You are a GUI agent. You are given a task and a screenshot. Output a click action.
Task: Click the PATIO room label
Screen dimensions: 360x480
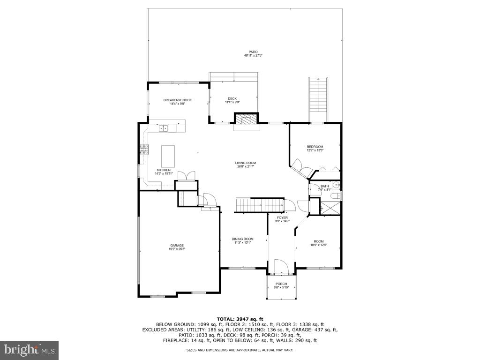pos(253,52)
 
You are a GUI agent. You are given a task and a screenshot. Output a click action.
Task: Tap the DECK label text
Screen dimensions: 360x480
pos(232,98)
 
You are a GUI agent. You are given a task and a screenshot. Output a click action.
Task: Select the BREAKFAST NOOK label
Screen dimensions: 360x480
pos(177,100)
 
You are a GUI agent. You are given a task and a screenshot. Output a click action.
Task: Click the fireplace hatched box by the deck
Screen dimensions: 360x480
pos(246,119)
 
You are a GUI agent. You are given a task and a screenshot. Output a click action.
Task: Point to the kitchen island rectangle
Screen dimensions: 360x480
pos(168,156)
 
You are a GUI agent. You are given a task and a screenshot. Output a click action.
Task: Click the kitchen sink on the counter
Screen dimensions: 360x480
pos(164,127)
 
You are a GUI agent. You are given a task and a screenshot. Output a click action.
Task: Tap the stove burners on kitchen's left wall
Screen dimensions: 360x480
pos(143,150)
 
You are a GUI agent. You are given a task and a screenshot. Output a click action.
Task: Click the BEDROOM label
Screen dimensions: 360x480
pos(315,147)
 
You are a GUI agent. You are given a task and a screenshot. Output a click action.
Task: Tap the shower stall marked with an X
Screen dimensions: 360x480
pos(330,206)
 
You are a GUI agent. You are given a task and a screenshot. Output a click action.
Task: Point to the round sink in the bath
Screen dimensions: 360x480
pos(335,184)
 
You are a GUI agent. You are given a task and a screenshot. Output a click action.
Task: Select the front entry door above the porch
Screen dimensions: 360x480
pos(280,267)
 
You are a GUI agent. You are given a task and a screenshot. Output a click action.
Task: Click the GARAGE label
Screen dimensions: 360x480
pos(177,245)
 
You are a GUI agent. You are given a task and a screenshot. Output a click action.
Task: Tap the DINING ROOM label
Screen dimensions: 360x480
pos(242,239)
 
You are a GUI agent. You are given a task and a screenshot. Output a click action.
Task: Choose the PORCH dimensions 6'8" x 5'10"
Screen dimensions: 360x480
pos(281,287)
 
